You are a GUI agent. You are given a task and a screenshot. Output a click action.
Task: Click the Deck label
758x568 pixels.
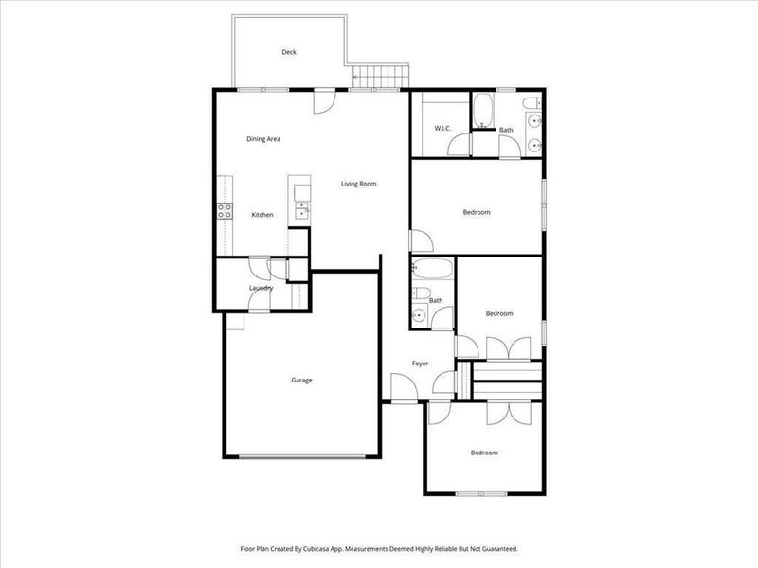(x=289, y=53)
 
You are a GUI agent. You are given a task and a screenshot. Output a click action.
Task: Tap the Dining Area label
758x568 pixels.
(x=263, y=139)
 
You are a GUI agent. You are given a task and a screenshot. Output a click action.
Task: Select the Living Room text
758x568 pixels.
(x=359, y=184)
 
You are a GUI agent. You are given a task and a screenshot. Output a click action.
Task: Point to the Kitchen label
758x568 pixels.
(x=262, y=215)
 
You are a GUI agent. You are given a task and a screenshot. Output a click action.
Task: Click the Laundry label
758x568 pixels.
(x=262, y=288)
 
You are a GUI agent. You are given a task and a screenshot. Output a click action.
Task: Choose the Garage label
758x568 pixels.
(x=301, y=381)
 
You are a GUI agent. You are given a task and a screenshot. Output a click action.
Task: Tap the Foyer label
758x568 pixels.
(x=420, y=364)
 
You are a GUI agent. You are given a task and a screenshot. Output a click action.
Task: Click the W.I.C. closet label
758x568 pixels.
(x=442, y=128)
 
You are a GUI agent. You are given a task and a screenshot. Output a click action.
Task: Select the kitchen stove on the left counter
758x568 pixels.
(x=226, y=211)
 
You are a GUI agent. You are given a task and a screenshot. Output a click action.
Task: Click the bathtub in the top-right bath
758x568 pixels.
(x=482, y=112)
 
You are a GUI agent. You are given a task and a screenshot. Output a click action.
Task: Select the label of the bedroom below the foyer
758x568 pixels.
(x=484, y=453)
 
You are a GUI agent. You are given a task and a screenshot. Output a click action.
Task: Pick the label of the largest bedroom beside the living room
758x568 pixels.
(x=477, y=212)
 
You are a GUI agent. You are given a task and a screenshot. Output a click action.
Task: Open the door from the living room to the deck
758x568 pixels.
(x=325, y=96)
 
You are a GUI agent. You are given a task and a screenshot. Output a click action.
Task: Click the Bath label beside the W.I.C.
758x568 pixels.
(x=507, y=130)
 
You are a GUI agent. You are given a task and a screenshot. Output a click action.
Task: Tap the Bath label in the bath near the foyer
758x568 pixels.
(x=436, y=301)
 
